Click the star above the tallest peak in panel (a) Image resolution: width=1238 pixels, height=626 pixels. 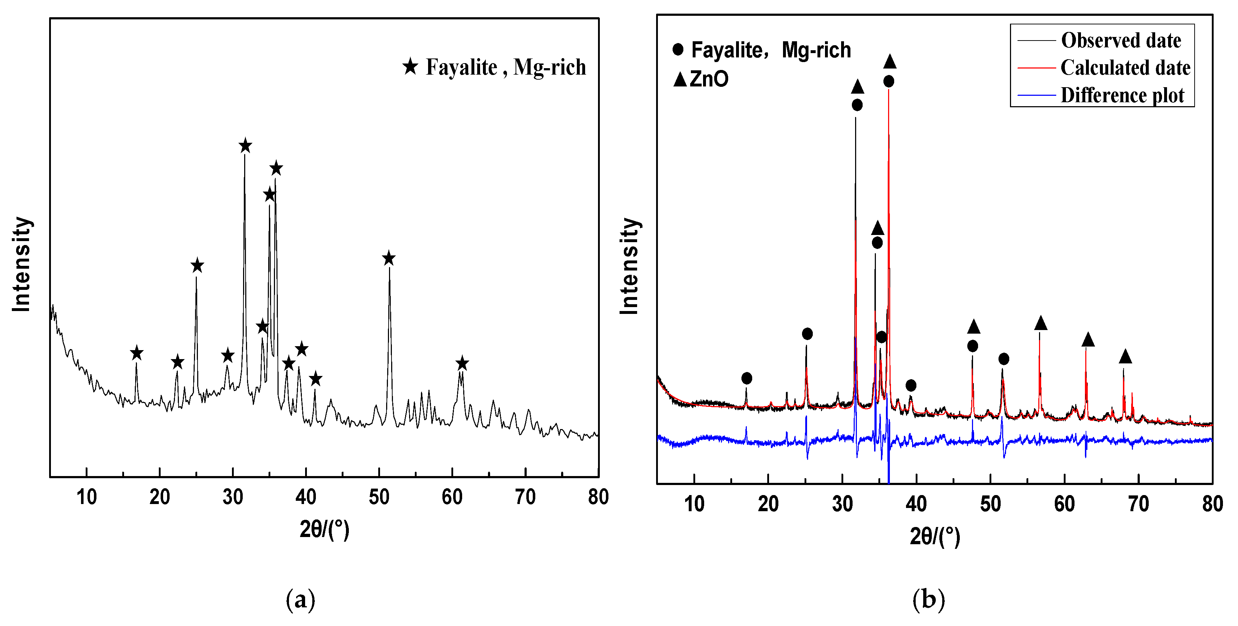point(245,146)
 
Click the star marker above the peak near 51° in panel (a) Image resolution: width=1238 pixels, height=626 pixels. point(389,259)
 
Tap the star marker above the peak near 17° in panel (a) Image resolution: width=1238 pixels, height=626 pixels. point(137,353)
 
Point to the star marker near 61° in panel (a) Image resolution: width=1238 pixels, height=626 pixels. point(462,363)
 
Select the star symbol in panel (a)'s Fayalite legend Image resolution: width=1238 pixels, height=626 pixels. point(411,67)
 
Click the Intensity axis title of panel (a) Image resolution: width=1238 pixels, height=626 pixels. point(22,264)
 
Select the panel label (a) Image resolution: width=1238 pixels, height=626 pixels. point(300,599)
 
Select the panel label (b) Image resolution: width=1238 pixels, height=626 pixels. point(929,599)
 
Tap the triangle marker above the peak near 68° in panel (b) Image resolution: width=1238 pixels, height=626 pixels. point(1125,357)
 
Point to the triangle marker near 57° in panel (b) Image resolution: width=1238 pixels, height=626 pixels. point(1040,323)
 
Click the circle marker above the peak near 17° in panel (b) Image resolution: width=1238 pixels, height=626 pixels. point(746,378)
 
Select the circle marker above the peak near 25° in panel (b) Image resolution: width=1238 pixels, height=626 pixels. point(807,334)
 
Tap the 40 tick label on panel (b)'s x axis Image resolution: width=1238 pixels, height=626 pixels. point(916,504)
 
